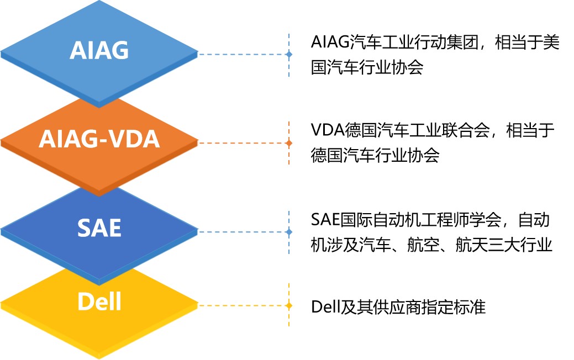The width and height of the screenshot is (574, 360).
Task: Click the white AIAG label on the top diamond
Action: point(99,50)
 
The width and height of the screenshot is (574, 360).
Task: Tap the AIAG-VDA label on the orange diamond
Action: point(99,139)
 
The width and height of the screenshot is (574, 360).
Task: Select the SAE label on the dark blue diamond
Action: point(99,227)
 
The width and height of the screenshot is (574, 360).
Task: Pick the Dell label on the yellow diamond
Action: point(99,302)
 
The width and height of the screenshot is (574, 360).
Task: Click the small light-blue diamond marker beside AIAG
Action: point(289,55)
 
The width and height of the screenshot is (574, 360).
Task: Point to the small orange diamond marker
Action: point(289,143)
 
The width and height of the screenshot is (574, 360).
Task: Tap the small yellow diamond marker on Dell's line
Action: point(289,305)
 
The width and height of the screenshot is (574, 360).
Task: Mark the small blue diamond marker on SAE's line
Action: point(289,232)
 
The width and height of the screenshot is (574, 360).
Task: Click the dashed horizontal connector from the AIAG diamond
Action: point(242,55)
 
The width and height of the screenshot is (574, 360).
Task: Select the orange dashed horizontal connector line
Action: point(242,143)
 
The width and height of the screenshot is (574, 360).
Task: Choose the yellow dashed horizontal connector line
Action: point(242,305)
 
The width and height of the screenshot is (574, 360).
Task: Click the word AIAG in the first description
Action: point(330,42)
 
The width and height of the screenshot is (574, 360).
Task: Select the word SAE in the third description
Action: point(325,220)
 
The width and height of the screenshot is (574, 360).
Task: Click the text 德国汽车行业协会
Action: point(375,155)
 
